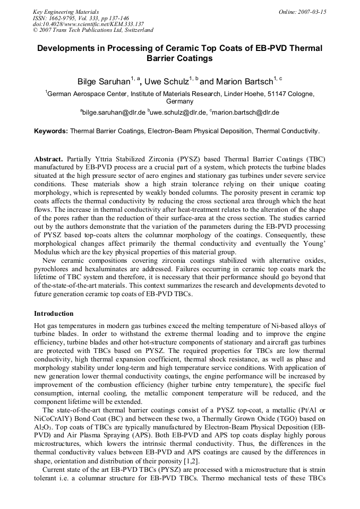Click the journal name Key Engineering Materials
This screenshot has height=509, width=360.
(x=66, y=12)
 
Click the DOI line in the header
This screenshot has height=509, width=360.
(x=88, y=24)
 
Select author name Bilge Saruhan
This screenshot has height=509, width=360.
(x=104, y=82)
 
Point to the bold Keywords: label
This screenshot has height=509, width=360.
(x=51, y=130)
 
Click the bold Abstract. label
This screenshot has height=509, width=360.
(x=49, y=159)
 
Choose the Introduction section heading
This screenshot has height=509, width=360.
(x=54, y=314)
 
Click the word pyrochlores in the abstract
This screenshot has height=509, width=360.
(x=53, y=270)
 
